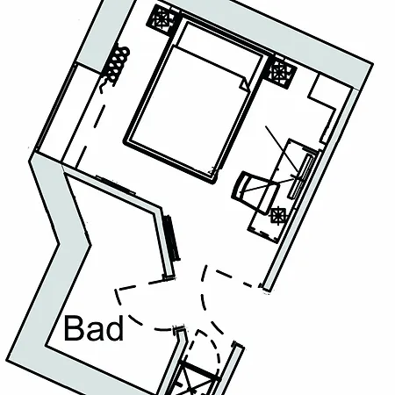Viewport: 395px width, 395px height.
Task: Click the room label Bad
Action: [x=94, y=328]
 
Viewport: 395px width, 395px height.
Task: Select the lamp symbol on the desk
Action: [x=277, y=215]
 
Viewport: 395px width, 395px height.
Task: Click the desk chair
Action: [x=254, y=191]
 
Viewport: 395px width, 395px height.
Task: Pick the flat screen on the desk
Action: [x=300, y=176]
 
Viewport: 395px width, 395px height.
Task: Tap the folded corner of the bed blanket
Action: [x=244, y=84]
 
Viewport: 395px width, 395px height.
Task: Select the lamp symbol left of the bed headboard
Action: [x=162, y=19]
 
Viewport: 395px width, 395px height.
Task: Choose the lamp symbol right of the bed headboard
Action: [x=279, y=72]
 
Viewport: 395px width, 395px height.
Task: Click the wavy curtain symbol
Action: [x=116, y=68]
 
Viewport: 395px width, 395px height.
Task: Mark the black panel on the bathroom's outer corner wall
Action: [x=171, y=238]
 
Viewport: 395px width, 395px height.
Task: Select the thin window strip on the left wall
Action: [x=55, y=108]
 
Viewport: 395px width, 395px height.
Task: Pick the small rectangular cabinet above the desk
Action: [x=322, y=107]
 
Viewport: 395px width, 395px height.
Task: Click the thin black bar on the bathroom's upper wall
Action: [x=116, y=184]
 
